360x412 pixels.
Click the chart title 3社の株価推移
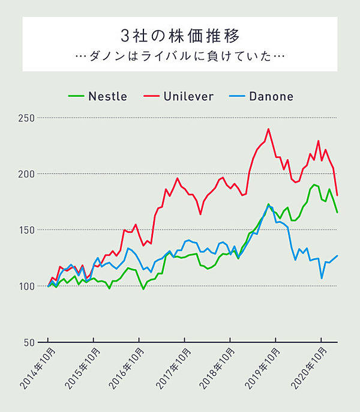pos(179,31)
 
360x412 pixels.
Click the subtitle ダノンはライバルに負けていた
pos(179,56)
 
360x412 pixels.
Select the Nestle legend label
pos(107,96)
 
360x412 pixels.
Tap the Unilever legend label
pos(188,96)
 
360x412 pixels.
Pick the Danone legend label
pos(271,96)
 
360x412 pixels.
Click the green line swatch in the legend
pos(75,96)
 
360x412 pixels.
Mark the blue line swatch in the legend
pos(236,96)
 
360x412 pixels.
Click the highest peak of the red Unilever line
pos(268,129)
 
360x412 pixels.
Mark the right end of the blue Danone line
pos(337,256)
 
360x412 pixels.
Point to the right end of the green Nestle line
pos(337,212)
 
